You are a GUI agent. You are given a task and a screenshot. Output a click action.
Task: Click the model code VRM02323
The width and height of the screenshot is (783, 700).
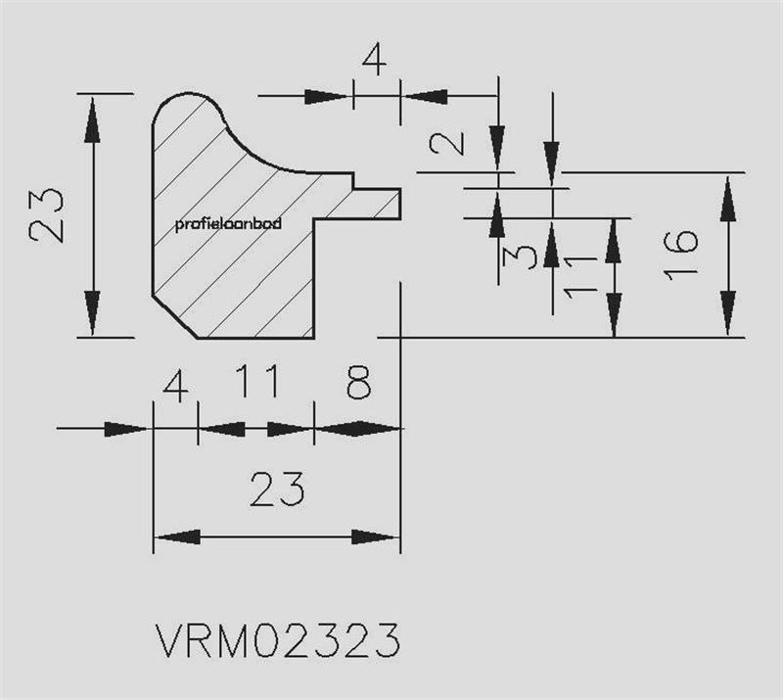point(278,640)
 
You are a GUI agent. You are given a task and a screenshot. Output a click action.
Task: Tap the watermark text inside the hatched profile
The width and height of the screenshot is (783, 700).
point(228,223)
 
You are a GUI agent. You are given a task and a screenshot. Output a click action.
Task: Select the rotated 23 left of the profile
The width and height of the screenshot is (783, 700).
point(46,214)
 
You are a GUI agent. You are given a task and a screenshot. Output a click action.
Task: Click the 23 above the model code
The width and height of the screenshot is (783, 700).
point(277,489)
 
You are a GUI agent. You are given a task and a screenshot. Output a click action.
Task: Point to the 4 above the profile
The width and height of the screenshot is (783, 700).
point(375,60)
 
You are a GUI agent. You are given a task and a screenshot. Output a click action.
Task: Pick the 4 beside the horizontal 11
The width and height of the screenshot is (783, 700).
point(176,388)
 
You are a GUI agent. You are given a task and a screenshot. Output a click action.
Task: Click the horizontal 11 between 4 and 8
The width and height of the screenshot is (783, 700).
point(257,381)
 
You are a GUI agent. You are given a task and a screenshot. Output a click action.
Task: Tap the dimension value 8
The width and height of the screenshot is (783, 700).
point(359,382)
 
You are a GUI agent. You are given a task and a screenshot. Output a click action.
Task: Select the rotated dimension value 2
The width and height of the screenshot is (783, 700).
point(447,142)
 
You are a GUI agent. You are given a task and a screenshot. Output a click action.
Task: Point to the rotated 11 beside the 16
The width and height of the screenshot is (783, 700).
point(580,276)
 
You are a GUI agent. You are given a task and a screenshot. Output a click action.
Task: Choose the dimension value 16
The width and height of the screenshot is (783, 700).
point(680,255)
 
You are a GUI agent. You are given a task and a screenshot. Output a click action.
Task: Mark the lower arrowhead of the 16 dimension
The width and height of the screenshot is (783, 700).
point(728,313)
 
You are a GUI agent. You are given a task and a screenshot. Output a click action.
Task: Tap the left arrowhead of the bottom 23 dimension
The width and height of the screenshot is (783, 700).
point(178,537)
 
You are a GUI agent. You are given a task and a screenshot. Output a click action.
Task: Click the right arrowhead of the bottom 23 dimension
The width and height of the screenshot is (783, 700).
point(376,537)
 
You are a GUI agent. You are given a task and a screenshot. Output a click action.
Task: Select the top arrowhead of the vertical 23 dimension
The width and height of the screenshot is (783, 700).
point(92,119)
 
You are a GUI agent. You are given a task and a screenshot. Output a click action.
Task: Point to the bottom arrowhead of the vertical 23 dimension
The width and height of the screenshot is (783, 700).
point(92,313)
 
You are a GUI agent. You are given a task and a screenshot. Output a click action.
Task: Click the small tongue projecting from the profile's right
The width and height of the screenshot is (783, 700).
point(377,204)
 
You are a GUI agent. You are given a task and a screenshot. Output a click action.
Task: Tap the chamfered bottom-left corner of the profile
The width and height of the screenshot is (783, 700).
point(175,317)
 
